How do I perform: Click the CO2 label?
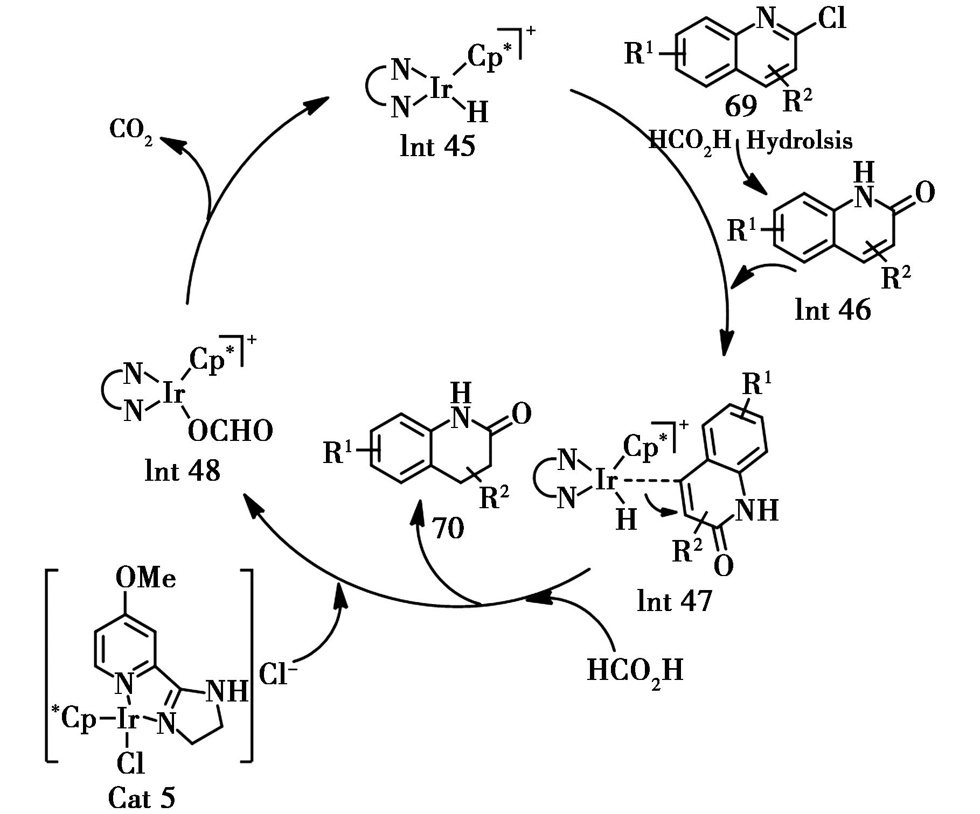point(131,130)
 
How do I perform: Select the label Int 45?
point(437,146)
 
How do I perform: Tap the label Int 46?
point(832,310)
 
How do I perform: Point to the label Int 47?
point(674,601)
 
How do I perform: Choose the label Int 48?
point(183,471)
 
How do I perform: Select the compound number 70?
point(448,529)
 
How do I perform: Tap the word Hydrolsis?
point(800,141)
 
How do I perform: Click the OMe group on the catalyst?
point(145,579)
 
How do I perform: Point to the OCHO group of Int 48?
point(231,432)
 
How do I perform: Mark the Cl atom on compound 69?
point(831,19)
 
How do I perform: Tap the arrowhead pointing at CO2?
point(168,141)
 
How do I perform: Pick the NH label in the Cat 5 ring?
point(227,691)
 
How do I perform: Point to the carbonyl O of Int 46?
point(924,193)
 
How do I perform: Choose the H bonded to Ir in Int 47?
point(625,520)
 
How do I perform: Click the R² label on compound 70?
point(494,497)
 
